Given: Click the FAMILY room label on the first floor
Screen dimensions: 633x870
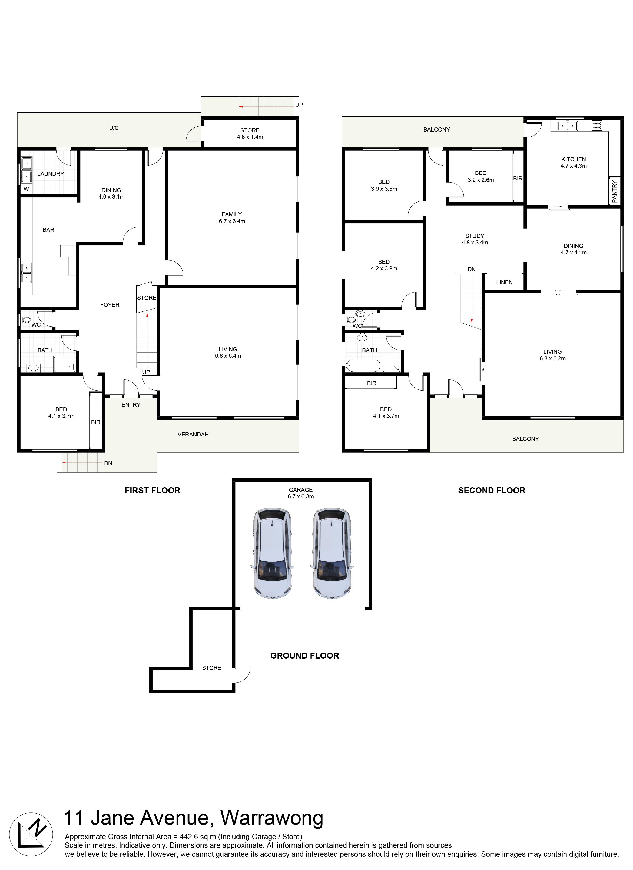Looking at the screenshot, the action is [232, 214].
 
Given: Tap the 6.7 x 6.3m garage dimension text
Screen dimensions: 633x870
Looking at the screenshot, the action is [301, 496].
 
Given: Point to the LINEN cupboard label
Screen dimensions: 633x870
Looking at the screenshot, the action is [504, 282].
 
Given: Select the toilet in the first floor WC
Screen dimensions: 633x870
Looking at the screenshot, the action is [26, 319].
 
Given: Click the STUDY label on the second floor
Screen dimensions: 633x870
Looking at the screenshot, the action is [475, 236].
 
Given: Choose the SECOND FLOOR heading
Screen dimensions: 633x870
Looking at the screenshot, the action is [492, 490].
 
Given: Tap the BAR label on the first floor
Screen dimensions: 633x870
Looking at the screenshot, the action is [48, 230].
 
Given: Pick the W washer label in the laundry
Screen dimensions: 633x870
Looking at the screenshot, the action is [26, 189].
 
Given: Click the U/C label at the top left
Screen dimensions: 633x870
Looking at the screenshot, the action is [114, 128].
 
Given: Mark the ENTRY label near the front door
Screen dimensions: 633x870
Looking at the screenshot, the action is [131, 405].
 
